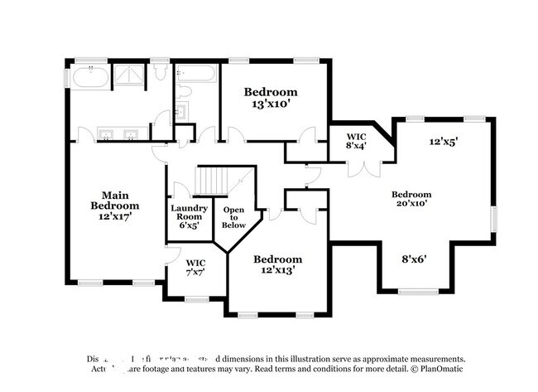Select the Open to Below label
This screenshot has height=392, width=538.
[234, 216]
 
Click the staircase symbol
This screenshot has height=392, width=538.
[217, 180]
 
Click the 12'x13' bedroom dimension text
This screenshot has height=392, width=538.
[278, 270]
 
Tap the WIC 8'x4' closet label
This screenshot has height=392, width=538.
[356, 140]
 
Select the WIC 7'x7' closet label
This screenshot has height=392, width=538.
[196, 267]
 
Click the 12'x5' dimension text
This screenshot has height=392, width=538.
[443, 142]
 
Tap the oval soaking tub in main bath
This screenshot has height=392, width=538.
[89, 77]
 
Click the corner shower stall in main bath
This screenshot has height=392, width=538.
[128, 75]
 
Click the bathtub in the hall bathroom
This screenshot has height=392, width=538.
[196, 74]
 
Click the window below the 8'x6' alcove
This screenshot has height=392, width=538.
[418, 291]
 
